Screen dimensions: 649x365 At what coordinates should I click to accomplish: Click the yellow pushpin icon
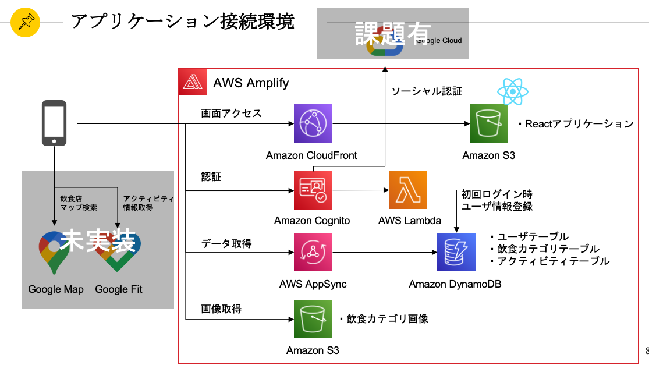coord(25,22)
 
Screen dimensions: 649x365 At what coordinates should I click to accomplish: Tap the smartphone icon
coord(54,123)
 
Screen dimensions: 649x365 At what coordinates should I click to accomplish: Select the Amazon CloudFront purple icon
coord(313,123)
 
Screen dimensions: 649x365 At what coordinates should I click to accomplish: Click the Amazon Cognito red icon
coord(313,190)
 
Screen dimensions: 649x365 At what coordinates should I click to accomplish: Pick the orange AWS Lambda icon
coord(407,190)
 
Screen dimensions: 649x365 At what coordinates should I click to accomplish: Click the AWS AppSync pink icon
coord(313,253)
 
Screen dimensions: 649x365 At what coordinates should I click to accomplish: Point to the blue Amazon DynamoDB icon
coord(456,252)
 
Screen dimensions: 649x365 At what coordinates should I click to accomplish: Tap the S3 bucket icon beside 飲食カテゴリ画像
coord(313,319)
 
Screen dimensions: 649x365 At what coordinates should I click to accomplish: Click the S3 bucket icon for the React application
coord(489,123)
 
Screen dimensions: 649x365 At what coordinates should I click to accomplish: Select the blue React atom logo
coord(513,91)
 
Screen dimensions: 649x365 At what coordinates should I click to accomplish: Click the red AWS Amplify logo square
coord(193,82)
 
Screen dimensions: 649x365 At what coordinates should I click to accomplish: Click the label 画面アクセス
coord(232,114)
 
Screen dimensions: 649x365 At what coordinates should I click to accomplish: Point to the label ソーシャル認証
coord(427,91)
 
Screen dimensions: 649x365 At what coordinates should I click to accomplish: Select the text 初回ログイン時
coord(497,194)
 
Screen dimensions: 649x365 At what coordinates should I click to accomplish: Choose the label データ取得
coord(226,244)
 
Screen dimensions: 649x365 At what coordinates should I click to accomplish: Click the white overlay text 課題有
coord(393,34)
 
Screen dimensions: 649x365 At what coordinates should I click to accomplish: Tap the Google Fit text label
coord(119,289)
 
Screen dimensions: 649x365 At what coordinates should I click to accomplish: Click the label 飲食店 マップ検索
coord(78,203)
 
